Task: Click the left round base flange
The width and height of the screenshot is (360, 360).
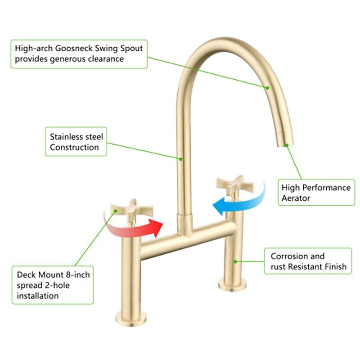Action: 131,317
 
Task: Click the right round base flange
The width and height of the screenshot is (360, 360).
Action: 233,283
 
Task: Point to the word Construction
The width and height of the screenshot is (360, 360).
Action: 74,147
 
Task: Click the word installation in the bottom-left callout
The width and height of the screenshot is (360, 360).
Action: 38,296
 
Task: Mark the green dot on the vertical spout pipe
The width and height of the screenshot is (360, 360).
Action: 180,158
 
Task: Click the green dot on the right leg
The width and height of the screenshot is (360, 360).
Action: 235,260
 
